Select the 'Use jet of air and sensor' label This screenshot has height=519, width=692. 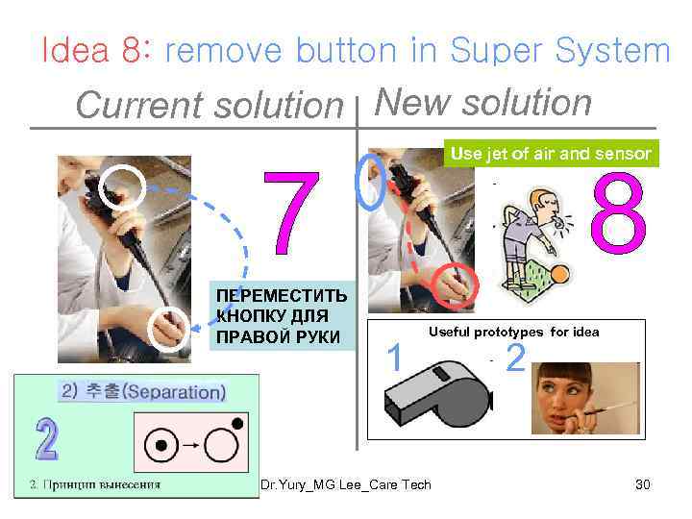pos(551,153)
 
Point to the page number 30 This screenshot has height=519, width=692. pos(643,484)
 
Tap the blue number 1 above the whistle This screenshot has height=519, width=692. pos(392,358)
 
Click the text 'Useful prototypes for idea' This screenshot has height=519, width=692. pos(513,332)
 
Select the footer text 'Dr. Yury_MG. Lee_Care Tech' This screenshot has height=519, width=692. pos(346,484)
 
